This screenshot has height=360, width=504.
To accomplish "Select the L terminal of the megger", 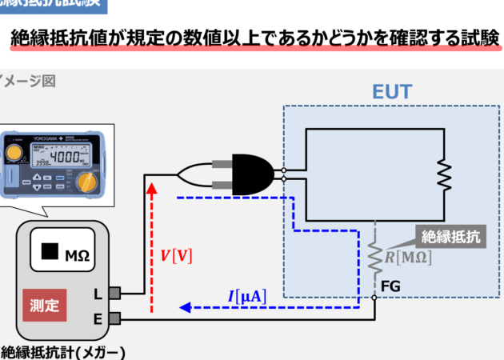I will click(x=114, y=294).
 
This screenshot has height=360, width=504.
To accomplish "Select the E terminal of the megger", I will click(x=114, y=319).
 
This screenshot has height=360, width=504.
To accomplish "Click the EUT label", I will click(x=393, y=91).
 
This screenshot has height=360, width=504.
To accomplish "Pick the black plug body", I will click(x=253, y=172).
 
